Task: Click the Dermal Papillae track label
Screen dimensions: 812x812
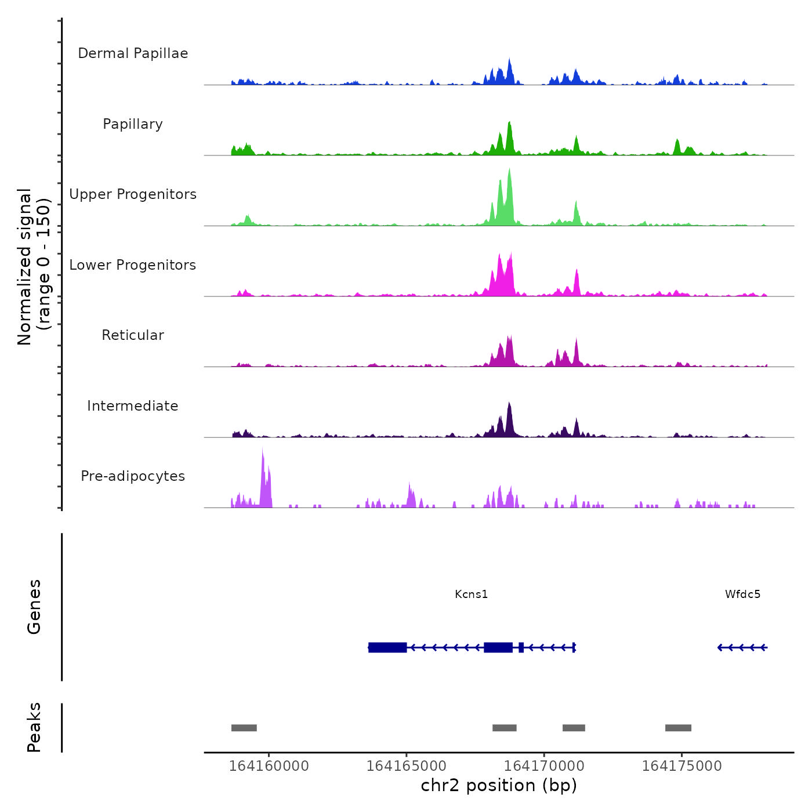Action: coord(133,53)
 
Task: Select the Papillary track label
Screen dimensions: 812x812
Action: coord(133,124)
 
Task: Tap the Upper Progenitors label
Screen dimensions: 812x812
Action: coord(133,194)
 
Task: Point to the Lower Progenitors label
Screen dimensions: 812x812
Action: coord(133,265)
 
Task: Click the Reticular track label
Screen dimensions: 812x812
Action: coord(133,335)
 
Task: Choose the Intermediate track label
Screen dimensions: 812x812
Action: coord(133,406)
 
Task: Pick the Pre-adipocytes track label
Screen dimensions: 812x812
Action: coord(133,476)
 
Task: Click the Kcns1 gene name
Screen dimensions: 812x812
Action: coord(471,594)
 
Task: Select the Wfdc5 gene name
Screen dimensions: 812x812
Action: coord(742,594)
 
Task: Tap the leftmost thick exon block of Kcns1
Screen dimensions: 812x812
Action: coord(387,647)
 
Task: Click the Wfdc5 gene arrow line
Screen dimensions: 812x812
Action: coord(742,647)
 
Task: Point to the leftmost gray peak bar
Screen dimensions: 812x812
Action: coord(244,728)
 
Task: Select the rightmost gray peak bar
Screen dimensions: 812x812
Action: coord(678,728)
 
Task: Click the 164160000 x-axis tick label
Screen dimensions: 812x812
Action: coord(269,766)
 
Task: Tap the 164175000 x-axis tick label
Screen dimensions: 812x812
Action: coord(681,766)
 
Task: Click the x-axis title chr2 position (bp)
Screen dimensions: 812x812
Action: coord(499,785)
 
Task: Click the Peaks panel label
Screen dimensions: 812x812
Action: coord(34,727)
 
